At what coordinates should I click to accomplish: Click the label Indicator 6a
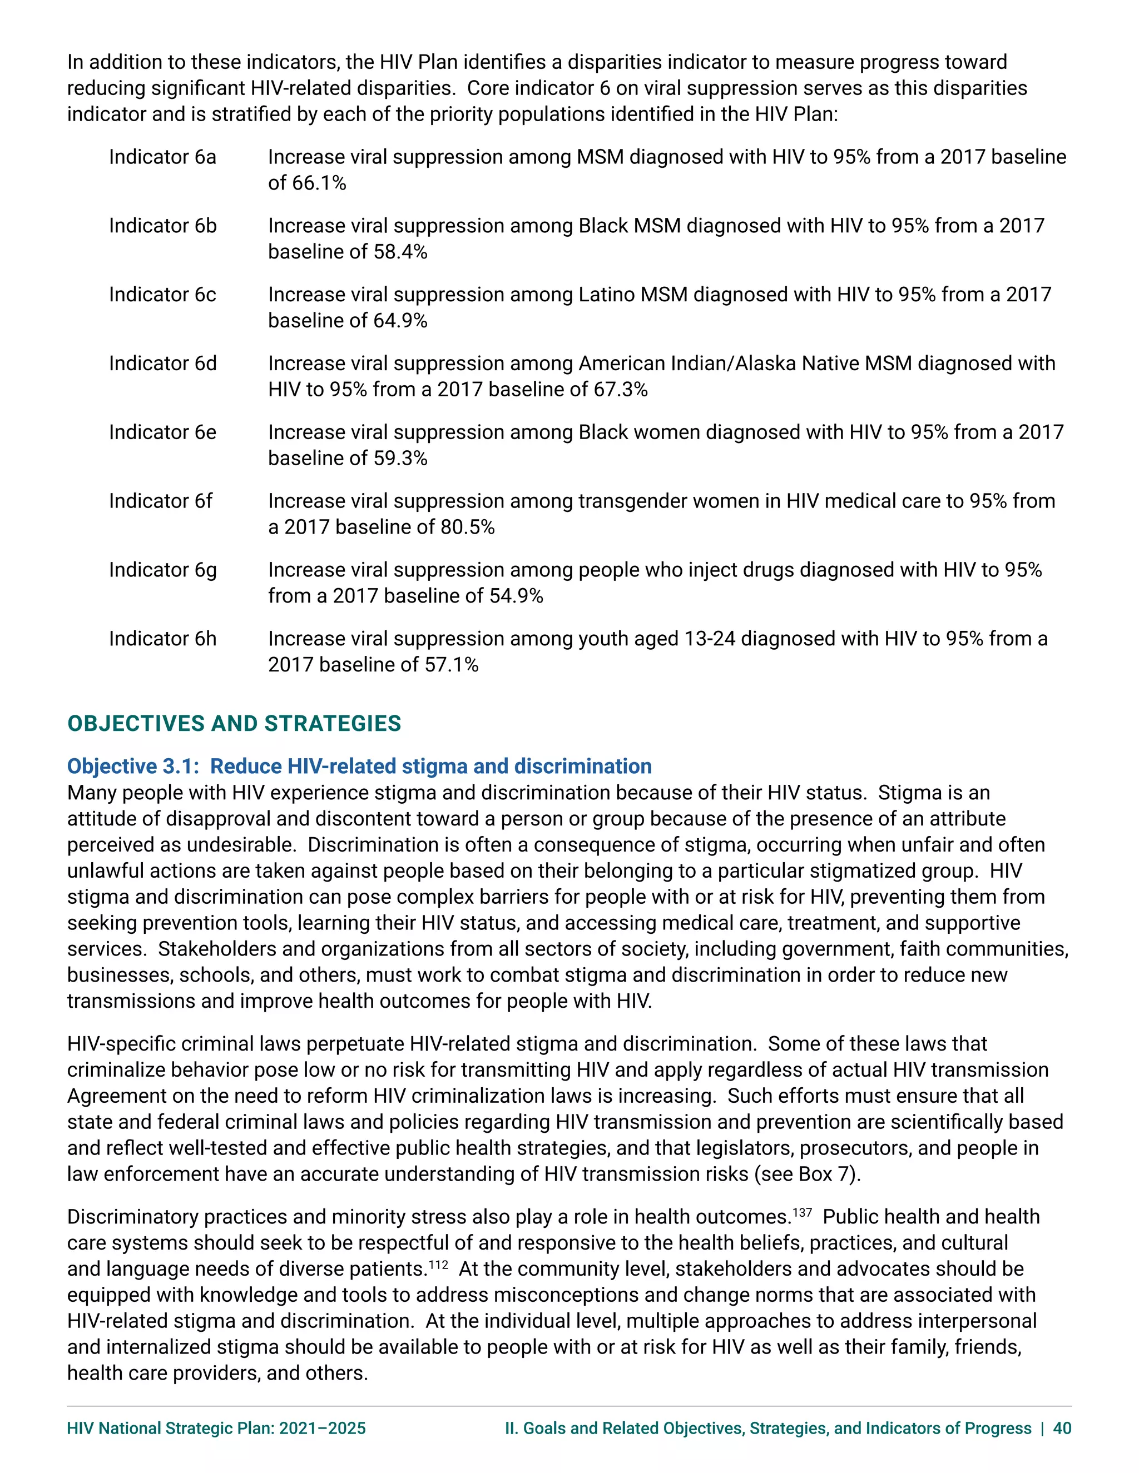[x=162, y=157]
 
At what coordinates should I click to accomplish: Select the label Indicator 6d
[x=162, y=364]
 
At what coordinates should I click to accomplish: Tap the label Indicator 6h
[x=162, y=639]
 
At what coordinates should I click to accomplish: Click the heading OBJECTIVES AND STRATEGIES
[x=234, y=724]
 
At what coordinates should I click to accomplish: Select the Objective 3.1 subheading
[x=359, y=767]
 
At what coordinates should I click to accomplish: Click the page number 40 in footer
[x=1062, y=1429]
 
